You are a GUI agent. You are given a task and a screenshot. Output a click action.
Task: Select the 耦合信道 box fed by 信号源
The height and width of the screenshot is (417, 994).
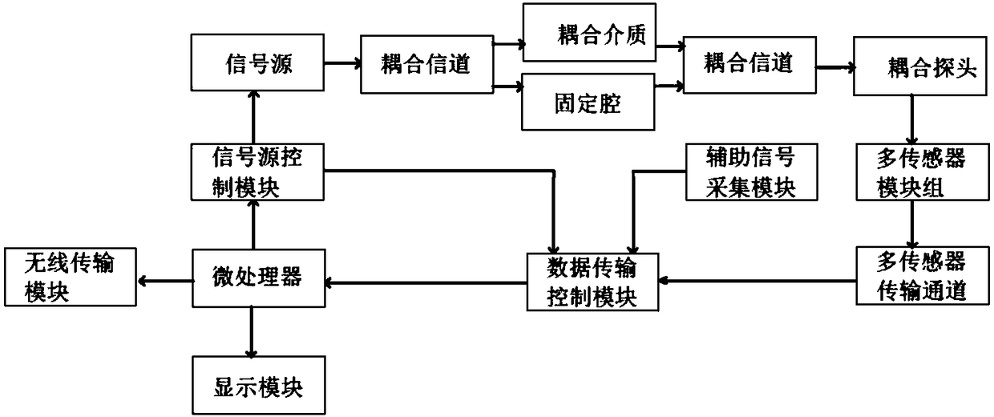[425, 63]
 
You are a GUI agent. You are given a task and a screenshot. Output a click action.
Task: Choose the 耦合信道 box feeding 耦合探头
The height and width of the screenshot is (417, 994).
[748, 63]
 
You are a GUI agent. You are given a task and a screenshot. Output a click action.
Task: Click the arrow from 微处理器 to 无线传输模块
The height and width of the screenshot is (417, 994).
[166, 280]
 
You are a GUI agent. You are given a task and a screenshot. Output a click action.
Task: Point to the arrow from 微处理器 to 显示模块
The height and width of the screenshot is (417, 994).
[253, 331]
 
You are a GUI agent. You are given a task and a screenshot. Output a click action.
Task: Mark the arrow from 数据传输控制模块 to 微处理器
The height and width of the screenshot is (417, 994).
[425, 281]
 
